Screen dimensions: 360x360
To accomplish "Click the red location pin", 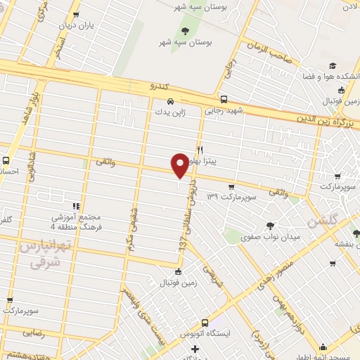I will tap(180, 165).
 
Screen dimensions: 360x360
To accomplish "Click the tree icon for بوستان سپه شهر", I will tap(185, 31).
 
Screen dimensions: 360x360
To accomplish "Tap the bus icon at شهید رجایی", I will tap(224, 99).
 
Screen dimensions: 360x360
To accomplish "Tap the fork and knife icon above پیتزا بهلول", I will tap(200, 150).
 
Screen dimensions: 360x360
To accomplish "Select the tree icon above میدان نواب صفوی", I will tap(270, 226).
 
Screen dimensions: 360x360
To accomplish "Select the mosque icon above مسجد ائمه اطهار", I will tap(323, 347).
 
